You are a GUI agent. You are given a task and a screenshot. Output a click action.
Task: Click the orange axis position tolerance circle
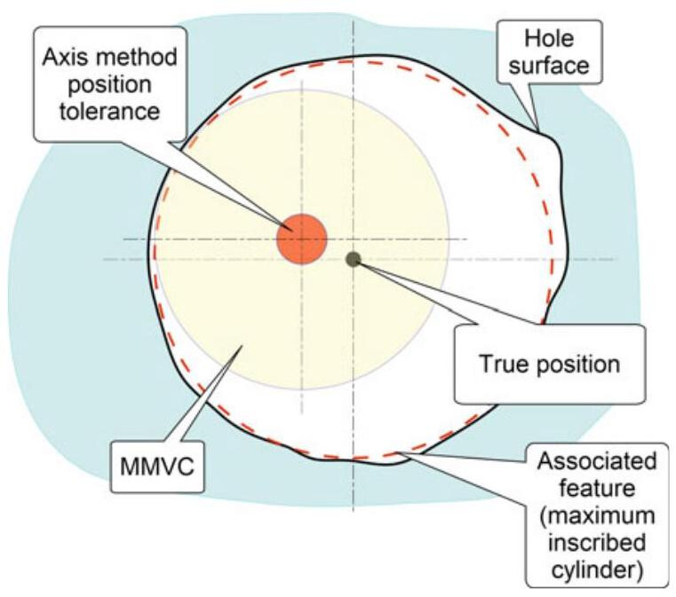click(302, 240)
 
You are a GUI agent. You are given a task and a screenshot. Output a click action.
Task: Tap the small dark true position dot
click(354, 259)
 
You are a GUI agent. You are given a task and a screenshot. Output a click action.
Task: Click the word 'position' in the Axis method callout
click(107, 85)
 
